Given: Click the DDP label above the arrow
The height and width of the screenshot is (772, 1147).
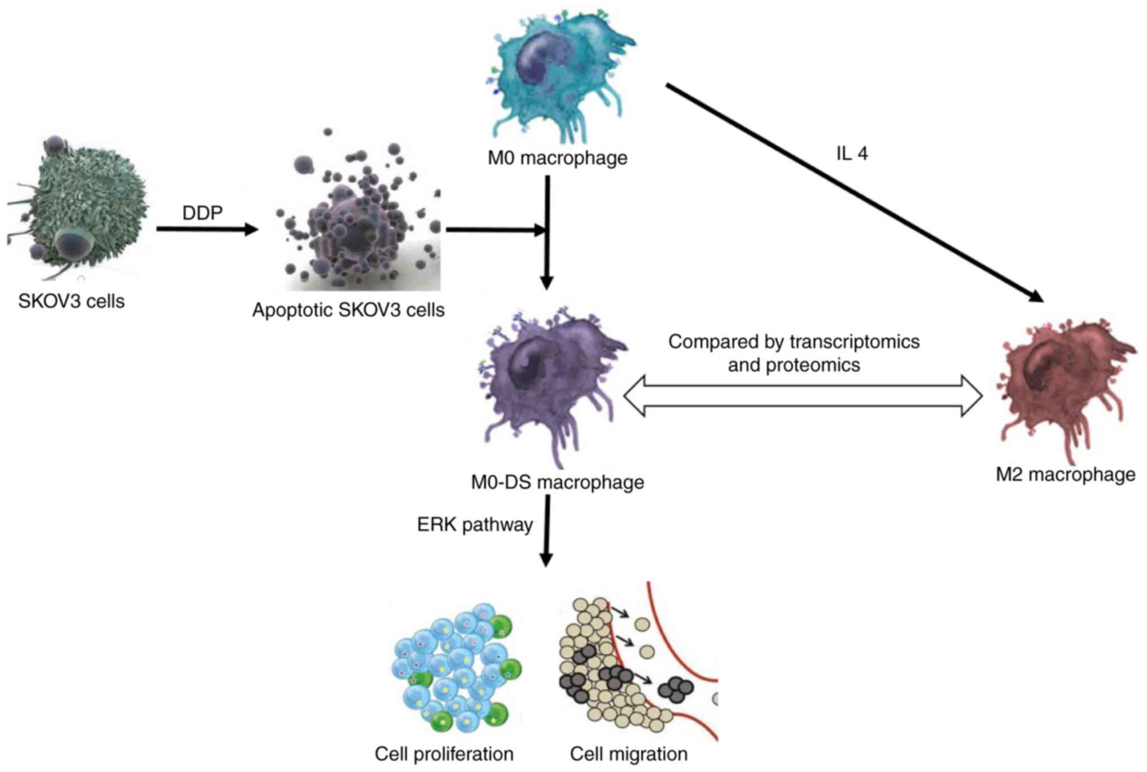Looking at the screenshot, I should [202, 213].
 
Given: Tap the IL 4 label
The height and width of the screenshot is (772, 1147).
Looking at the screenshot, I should [852, 154].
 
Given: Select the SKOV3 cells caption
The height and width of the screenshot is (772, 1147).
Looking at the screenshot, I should [71, 301].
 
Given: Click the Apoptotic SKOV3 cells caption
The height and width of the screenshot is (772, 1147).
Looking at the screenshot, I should [348, 310].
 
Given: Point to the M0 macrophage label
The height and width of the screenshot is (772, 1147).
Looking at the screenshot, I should [557, 158].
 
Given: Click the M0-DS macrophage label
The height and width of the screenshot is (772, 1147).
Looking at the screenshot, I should [557, 482].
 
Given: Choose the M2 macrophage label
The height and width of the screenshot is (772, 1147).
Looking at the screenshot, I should [1065, 474].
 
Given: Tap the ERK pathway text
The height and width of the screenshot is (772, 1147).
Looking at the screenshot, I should [475, 525].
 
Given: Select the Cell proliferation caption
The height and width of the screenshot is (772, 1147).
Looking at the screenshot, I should [444, 754].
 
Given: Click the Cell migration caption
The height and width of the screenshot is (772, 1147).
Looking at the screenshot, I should [628, 754].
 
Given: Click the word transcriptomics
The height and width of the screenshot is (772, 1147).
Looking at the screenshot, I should [854, 342].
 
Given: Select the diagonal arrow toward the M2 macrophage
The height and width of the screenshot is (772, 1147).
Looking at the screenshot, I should [852, 192].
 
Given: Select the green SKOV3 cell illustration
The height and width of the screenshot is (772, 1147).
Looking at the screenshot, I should [79, 209].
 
